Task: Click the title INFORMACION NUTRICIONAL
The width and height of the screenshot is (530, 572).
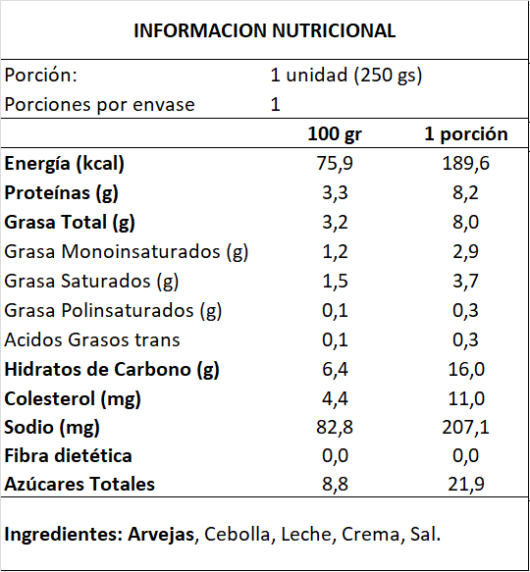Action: (265, 30)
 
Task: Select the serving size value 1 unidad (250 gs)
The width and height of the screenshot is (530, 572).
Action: (346, 76)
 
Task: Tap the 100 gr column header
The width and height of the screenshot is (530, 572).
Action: (335, 134)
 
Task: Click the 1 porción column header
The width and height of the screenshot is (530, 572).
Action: (466, 134)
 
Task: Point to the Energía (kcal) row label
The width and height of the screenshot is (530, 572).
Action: (64, 164)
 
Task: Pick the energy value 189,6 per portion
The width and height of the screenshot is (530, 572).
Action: (466, 164)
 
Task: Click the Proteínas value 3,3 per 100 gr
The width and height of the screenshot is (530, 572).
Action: (335, 193)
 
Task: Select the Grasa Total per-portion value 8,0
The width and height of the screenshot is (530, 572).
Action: (466, 222)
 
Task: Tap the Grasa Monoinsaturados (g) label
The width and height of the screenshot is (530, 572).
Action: (127, 252)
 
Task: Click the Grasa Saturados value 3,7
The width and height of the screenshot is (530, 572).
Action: (466, 282)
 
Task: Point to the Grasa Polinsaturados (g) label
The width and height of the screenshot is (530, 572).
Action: (113, 311)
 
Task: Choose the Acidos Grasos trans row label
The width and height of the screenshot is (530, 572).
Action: (92, 339)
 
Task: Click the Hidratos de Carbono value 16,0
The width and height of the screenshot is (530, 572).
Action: (466, 370)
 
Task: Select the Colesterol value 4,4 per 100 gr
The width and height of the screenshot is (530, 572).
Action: (335, 398)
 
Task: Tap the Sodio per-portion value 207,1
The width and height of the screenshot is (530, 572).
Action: (466, 427)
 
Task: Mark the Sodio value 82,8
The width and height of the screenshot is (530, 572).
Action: (335, 427)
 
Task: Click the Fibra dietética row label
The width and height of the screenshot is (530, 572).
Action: (68, 456)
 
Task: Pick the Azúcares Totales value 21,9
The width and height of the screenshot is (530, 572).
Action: (466, 485)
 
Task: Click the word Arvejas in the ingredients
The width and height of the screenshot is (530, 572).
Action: (161, 535)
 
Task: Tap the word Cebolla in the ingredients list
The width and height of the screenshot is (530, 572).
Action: (237, 535)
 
